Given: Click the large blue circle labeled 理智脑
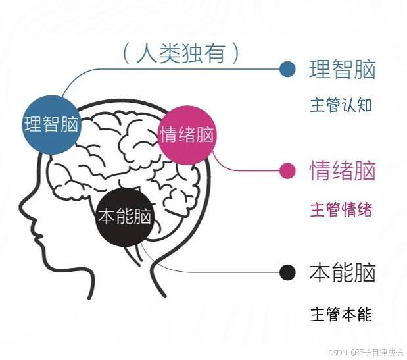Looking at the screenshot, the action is [51, 124].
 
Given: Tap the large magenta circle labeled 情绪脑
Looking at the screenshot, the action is [187, 136].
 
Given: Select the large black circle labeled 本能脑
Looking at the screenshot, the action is [124, 217].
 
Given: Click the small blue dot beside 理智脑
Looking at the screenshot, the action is [287, 69].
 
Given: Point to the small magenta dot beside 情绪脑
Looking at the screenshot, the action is [287, 171].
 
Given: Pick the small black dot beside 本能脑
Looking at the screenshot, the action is [287, 272].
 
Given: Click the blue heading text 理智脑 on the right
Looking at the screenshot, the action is [342, 70].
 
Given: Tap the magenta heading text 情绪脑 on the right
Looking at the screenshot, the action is [342, 171].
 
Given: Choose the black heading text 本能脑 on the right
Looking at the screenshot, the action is [342, 272].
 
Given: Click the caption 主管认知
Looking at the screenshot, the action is [341, 105].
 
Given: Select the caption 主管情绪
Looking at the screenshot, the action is [341, 210].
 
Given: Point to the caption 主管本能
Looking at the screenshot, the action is [341, 314].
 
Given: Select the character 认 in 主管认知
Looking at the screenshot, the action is [349, 105].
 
